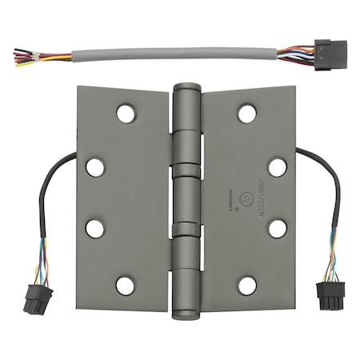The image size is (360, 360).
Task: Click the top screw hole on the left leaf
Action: coord(126,113)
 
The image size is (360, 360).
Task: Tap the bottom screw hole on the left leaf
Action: coord(126,284)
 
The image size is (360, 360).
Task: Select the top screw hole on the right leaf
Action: coord(247,113)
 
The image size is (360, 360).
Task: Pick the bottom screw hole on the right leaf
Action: coord(247,285)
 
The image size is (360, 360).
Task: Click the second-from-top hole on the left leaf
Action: coord(95,167)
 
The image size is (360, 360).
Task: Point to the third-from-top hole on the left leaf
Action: coord(95,228)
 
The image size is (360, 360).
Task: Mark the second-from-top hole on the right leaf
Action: coord(277,167)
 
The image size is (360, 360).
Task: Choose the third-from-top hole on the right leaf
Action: coord(277,228)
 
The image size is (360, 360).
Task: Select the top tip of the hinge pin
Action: coord(186,87)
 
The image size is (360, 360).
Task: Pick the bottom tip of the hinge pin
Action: coord(186,308)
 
